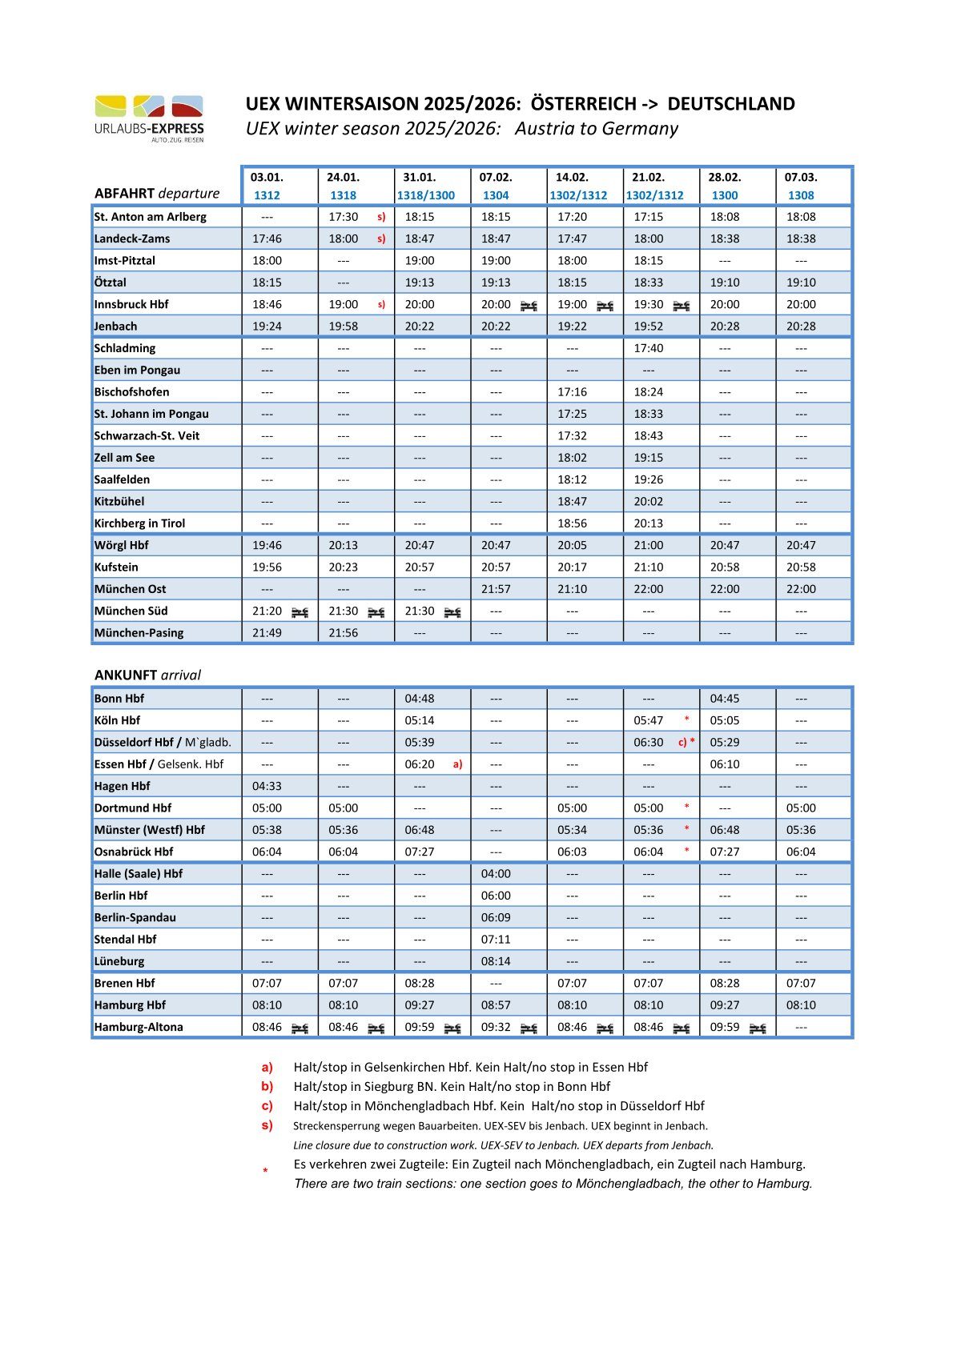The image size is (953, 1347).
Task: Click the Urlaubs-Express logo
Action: (x=149, y=118)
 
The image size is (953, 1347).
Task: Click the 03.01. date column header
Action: (x=267, y=178)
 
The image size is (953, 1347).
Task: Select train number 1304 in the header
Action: (x=496, y=195)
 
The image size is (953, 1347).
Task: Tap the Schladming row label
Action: (x=125, y=348)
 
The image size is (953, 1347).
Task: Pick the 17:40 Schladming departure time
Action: (x=648, y=348)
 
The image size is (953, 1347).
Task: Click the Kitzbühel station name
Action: (x=119, y=502)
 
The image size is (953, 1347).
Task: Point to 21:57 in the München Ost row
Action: (x=496, y=589)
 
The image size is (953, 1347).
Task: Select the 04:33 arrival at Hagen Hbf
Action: (x=267, y=787)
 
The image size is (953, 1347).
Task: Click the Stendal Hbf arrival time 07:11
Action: (x=496, y=940)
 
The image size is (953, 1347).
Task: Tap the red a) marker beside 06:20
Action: (x=457, y=764)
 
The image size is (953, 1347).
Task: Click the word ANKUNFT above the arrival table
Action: (x=126, y=675)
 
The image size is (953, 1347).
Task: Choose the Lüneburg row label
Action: (x=119, y=961)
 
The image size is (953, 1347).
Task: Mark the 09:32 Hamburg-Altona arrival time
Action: (x=496, y=1027)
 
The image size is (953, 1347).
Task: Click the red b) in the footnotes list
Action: (x=267, y=1087)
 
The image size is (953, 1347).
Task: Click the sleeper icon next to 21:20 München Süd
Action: (x=300, y=611)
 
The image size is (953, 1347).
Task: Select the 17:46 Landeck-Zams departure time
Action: (x=267, y=239)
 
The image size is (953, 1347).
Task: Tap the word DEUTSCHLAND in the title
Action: (x=730, y=104)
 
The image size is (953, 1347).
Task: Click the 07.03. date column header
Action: (x=801, y=178)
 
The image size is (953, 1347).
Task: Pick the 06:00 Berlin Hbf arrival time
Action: (x=496, y=896)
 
